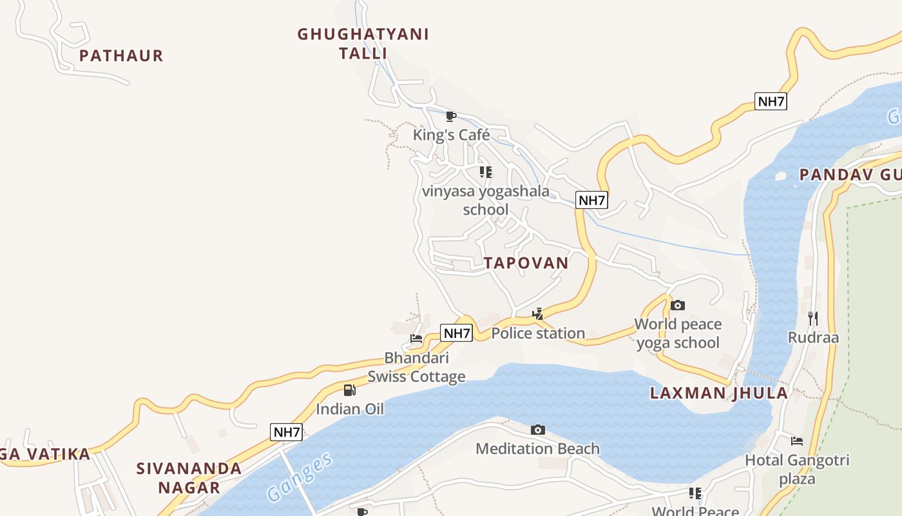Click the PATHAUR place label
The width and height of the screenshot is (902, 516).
pos(121,55)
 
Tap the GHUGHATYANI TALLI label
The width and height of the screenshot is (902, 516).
pos(363,43)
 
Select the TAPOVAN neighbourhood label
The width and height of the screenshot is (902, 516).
pos(526,263)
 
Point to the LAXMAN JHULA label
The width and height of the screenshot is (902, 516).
pos(718,393)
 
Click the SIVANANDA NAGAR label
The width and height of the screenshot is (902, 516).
pos(189,477)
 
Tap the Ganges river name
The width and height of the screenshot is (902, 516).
pos(301,477)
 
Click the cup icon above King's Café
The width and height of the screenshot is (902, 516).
pos(451,117)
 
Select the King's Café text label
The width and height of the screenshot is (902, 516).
pos(451,135)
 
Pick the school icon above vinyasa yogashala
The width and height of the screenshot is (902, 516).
pos(486,172)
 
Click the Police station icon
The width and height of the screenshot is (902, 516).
pos(538,315)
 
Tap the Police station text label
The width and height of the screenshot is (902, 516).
pos(538,333)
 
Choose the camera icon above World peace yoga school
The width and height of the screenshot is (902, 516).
pos(678,305)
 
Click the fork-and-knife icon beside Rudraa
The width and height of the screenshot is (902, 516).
pos(813,318)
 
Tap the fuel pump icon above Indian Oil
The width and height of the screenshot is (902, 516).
pos(349,390)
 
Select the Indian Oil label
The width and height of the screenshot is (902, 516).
pos(349,408)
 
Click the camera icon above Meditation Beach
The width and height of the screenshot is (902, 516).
pos(538,430)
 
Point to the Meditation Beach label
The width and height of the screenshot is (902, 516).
pos(538,448)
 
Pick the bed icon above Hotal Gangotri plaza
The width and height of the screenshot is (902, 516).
pos(797,441)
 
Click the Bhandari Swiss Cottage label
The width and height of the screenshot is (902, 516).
pos(416,367)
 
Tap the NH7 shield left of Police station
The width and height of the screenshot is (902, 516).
pos(457,333)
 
